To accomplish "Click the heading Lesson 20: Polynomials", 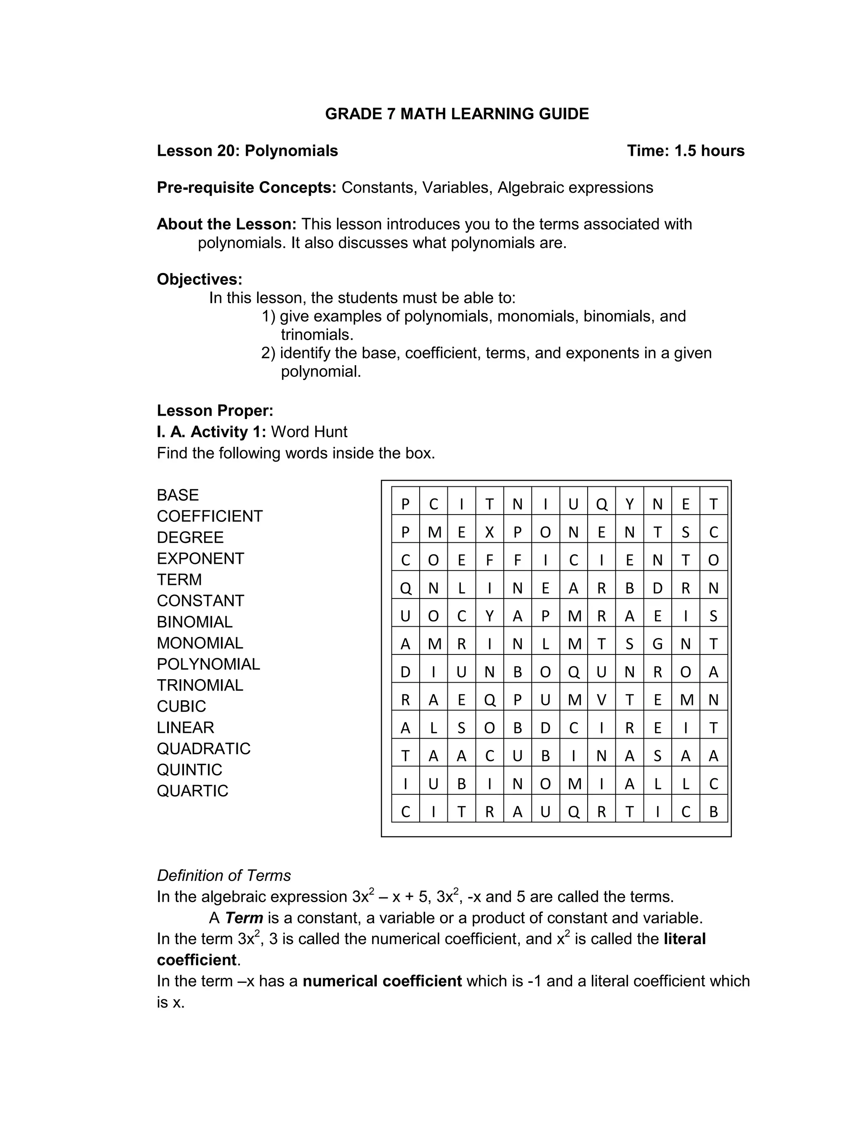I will tap(247, 151).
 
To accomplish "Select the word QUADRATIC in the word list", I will tap(203, 748).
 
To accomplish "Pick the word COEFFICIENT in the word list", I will tap(209, 516).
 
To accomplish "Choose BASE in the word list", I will tap(178, 495).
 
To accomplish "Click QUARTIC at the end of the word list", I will tap(192, 790).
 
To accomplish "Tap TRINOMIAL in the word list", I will tap(200, 685).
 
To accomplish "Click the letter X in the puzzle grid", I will tap(489, 532).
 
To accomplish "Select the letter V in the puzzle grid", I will tap(601, 700).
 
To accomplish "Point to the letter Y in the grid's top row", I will tap(629, 505).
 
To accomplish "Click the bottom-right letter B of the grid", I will tap(713, 812).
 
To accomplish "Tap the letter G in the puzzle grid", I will tap(657, 644).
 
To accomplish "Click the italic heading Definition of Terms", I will tap(224, 875).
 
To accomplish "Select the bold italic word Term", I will tap(244, 917).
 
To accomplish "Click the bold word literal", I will tap(684, 939).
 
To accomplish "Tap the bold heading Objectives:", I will tap(199, 279).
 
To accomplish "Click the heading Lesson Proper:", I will tap(215, 411).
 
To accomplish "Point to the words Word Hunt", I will tap(309, 432).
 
